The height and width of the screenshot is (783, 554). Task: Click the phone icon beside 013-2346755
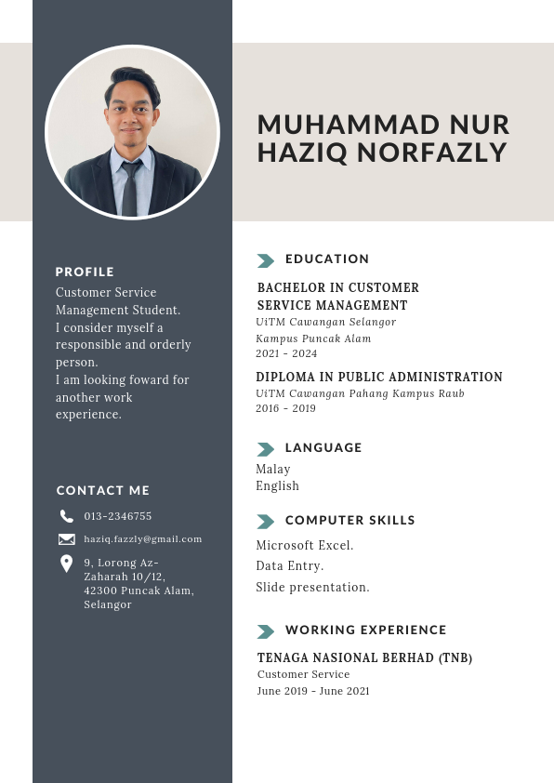66,516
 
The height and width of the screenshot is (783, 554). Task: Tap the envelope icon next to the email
66,539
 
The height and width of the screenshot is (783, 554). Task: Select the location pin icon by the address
66,564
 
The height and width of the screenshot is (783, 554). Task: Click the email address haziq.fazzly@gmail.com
142,539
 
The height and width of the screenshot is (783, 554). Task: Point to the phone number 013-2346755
117,516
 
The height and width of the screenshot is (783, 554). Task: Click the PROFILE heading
85,272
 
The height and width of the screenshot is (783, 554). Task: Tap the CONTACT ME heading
102,490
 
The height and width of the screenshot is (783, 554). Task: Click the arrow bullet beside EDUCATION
265,260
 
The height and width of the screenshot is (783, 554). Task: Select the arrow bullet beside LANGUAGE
265,449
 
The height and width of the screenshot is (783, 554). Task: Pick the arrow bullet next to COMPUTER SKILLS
265,522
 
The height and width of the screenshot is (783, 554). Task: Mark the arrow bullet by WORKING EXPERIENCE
265,631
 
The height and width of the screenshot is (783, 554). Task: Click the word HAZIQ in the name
293,153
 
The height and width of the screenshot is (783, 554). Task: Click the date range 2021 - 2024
286,353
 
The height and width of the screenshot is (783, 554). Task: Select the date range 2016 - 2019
285,408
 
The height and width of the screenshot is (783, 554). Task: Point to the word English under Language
277,485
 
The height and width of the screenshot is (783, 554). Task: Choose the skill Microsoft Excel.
304,545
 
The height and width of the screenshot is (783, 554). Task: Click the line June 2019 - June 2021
313,691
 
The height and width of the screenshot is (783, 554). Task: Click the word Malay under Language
272,469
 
